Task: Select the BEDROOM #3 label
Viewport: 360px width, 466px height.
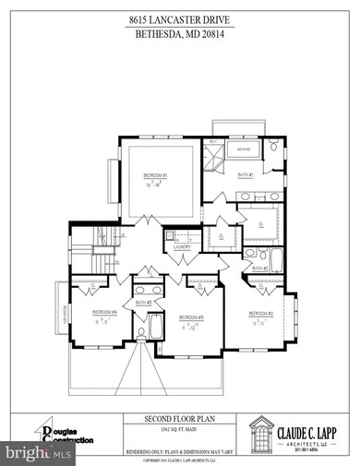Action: [x=191, y=317]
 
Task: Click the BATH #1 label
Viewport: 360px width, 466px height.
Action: [x=246, y=174]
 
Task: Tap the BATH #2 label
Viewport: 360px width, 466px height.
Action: [x=260, y=269]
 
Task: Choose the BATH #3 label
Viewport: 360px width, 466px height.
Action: [x=143, y=303]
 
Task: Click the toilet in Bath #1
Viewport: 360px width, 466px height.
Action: [x=276, y=148]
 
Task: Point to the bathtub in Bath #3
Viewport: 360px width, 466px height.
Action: [x=154, y=327]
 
